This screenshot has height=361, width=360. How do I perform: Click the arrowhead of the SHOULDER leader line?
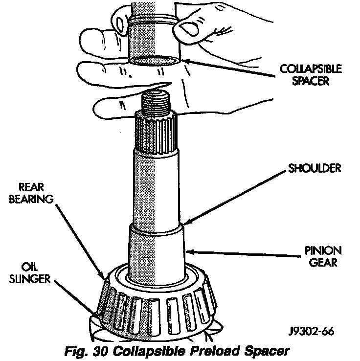(185, 224)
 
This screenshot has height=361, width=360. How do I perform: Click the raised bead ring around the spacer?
(154, 21)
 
